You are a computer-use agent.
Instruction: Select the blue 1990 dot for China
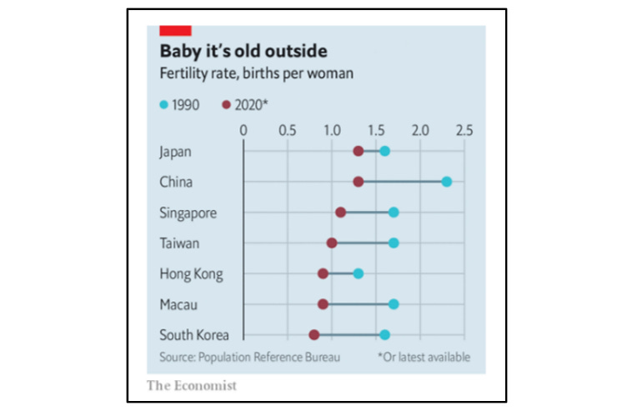[x=447, y=182]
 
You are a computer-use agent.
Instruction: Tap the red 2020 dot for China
[x=358, y=182]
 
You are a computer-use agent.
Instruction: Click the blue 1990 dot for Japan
[x=384, y=151]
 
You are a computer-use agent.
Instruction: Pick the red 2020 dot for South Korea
[x=313, y=334]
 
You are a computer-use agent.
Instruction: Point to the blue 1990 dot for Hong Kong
[x=358, y=273]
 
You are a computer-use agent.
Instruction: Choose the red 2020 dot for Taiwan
[x=332, y=243]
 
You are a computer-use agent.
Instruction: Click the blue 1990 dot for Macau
[x=394, y=304]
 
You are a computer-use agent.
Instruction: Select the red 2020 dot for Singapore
[x=340, y=213]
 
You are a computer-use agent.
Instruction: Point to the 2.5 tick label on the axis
[x=464, y=130]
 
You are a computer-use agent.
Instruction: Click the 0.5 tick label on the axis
[x=288, y=130]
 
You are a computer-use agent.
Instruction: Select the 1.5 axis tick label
[x=376, y=130]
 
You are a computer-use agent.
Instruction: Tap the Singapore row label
[x=188, y=213]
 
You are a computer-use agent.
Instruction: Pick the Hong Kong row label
[x=190, y=273]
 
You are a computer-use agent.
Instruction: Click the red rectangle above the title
[x=174, y=30]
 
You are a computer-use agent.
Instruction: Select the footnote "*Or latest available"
[x=424, y=357]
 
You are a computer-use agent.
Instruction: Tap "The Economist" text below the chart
[x=192, y=385]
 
